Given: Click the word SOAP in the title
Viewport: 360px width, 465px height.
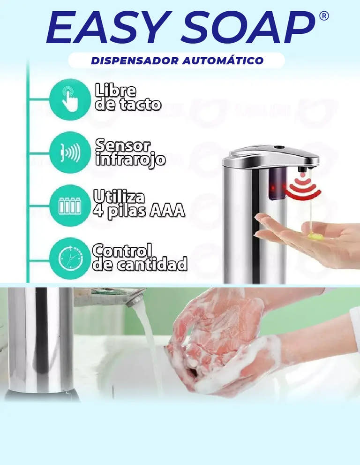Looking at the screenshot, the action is (x=248, y=27).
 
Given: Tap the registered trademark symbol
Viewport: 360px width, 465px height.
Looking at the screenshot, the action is (x=324, y=15).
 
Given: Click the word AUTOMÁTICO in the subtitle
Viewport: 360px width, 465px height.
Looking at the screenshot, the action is (x=223, y=60).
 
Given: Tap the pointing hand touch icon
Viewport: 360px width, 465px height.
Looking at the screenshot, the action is (x=70, y=99).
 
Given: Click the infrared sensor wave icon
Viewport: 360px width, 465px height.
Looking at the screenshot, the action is (x=70, y=152).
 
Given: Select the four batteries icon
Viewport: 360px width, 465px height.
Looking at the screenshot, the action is (x=70, y=206).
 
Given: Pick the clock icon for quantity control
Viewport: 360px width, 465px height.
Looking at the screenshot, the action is (x=70, y=258).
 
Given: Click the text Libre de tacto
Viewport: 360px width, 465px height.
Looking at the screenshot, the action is (x=128, y=97).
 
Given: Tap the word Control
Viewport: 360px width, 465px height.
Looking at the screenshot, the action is (x=122, y=251).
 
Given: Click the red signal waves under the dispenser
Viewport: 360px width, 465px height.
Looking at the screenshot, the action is (x=303, y=188).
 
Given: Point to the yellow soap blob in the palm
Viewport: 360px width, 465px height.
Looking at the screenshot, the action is (x=315, y=236).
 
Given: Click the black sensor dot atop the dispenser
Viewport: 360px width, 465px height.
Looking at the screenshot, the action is (x=278, y=147).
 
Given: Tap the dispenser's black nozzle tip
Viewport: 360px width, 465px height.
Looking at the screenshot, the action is (x=302, y=169).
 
